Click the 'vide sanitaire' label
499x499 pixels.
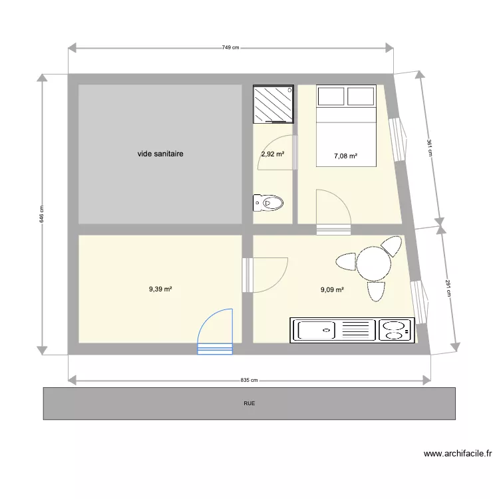[160, 154]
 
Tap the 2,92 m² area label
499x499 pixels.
[272, 154]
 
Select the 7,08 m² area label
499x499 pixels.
[345, 157]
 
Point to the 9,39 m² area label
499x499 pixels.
[160, 289]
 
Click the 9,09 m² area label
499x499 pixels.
[332, 289]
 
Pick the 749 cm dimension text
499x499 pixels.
[231, 47]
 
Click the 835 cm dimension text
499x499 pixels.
[249, 381]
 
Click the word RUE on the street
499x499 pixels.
[249, 403]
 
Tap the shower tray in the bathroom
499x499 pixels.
[273, 104]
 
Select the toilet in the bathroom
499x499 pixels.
[269, 202]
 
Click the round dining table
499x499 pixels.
[373, 263]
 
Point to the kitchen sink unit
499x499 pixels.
[333, 330]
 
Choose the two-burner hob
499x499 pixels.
[395, 331]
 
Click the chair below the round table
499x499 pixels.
[376, 291]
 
